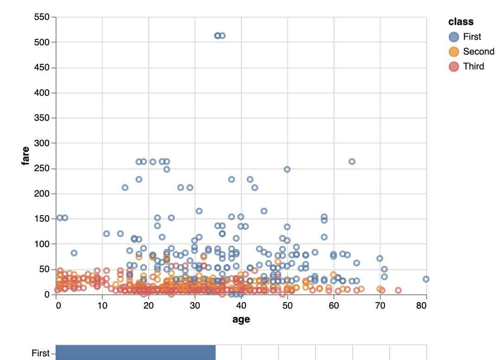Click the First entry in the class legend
tap(472, 37)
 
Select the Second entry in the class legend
tap(478, 52)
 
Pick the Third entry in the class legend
tap(473, 67)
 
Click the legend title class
tap(460, 22)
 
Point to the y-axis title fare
tap(26, 155)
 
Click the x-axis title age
tap(241, 319)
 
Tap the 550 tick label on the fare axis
tap(42, 17)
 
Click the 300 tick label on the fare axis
tap(42, 143)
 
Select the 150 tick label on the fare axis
tap(42, 219)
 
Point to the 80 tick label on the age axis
tap(421, 305)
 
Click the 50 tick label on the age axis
tap(287, 305)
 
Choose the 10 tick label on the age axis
tap(102, 305)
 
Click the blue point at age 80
tap(426, 279)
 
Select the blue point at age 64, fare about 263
tap(352, 161)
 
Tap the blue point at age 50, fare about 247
tap(287, 169)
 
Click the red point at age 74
tap(398, 291)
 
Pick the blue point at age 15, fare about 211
tap(125, 187)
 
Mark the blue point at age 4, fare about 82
tap(74, 253)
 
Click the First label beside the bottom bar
tap(40, 353)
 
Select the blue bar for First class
tap(135, 352)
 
